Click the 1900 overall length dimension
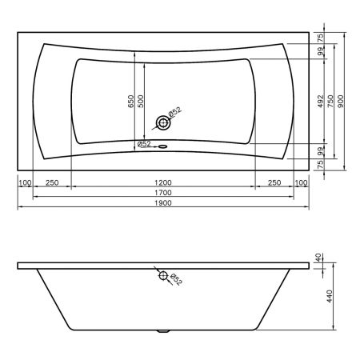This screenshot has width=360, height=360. (x=163, y=203)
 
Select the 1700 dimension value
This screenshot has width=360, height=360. (x=163, y=193)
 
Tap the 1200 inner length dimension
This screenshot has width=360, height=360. (x=163, y=182)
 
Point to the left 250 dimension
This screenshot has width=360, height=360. (x=52, y=182)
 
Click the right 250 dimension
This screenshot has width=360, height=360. (x=274, y=182)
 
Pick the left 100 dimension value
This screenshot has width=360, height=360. (x=25, y=182)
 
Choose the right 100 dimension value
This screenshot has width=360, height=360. (x=302, y=182)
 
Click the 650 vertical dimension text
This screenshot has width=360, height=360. (x=131, y=102)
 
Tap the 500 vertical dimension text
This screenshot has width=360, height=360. (x=141, y=102)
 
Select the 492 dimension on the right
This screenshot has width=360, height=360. (x=321, y=102)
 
